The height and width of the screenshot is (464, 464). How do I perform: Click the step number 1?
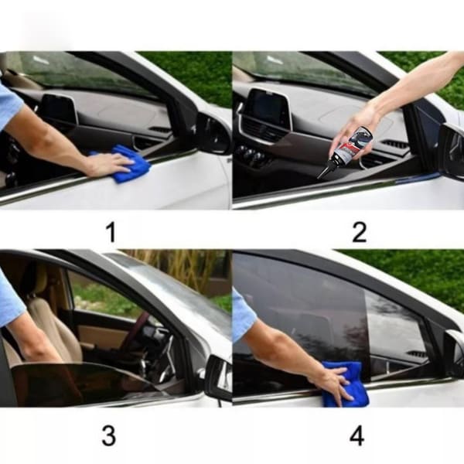111,233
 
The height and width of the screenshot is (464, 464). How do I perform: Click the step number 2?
360,233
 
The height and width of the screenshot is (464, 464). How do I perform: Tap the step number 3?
108,435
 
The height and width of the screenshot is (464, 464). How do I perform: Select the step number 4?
357,435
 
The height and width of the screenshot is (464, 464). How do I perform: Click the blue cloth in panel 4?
345,384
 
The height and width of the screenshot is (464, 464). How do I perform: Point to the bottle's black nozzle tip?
320,177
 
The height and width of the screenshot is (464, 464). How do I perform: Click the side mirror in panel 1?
213,133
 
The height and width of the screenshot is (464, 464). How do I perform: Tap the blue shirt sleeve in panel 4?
244,316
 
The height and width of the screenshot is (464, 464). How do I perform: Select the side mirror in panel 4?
454,353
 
